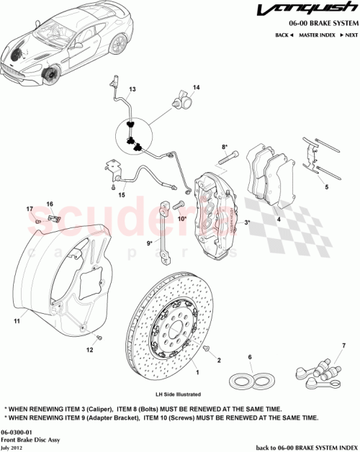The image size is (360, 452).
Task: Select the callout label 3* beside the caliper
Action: click(x=248, y=223)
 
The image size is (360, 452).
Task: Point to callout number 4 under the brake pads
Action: click(x=279, y=220)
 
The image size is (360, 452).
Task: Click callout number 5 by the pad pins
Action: click(x=326, y=187)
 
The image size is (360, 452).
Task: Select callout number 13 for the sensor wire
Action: click(x=132, y=90)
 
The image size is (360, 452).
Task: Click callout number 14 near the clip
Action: click(x=196, y=87)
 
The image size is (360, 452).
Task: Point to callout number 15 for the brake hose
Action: click(x=122, y=194)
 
